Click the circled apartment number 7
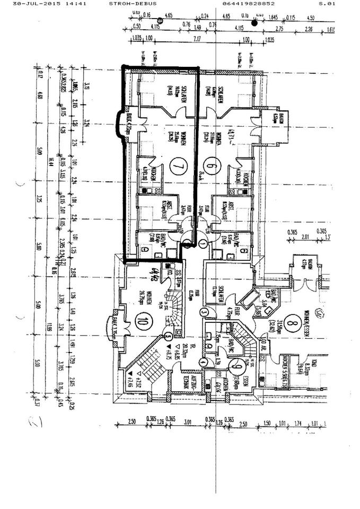[177, 169]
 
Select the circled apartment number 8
[304, 321]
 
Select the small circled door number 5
[168, 336]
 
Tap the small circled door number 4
[204, 362]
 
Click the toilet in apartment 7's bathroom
[145, 249]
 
